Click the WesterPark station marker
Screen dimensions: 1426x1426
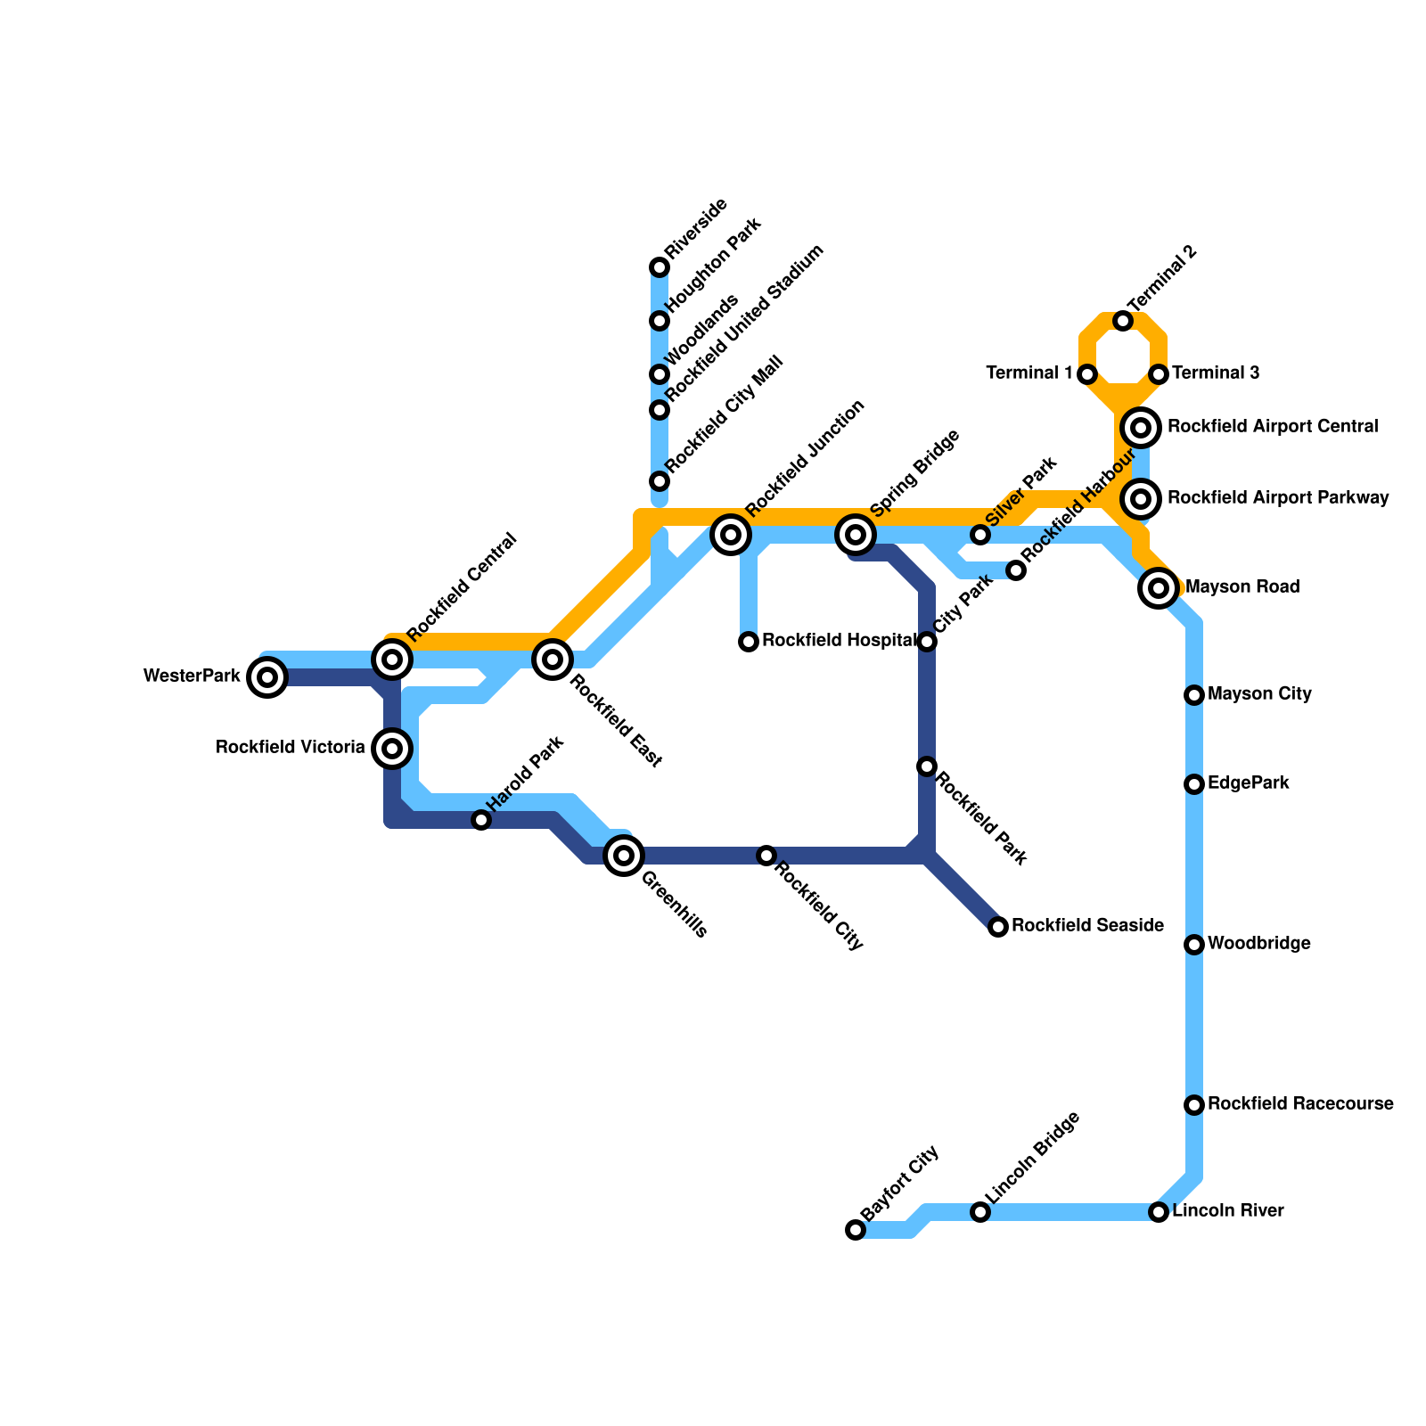click(x=267, y=677)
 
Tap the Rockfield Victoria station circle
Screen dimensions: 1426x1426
click(x=392, y=748)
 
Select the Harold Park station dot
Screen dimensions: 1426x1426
click(x=481, y=820)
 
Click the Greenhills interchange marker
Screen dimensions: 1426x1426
click(x=624, y=856)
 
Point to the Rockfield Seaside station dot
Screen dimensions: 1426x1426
click(x=998, y=927)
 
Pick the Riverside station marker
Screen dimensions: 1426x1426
click(x=660, y=267)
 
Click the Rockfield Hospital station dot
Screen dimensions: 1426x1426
click(x=749, y=642)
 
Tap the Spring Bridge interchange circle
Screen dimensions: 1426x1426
click(x=856, y=535)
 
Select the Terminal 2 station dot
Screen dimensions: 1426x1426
click(x=1123, y=321)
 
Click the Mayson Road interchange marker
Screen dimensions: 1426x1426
click(x=1159, y=588)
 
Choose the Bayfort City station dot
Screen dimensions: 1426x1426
click(x=856, y=1230)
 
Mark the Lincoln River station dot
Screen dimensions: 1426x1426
click(x=1159, y=1212)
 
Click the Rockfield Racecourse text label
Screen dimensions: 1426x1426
click(x=1300, y=1104)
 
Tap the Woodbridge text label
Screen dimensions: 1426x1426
click(x=1258, y=944)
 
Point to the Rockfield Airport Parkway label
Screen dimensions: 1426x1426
click(x=1278, y=498)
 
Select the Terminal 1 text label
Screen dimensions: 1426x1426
click(x=1029, y=373)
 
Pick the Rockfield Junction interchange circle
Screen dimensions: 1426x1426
click(x=731, y=535)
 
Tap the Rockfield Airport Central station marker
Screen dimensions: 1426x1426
click(x=1141, y=428)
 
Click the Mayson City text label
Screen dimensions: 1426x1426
click(x=1259, y=694)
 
